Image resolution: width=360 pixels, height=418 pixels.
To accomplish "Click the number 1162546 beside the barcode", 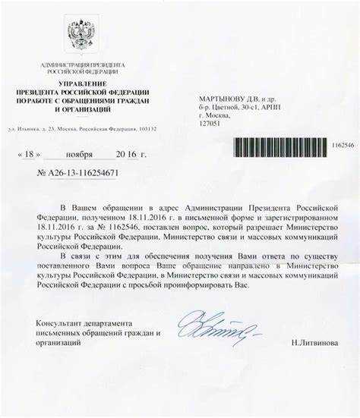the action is (341, 143).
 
